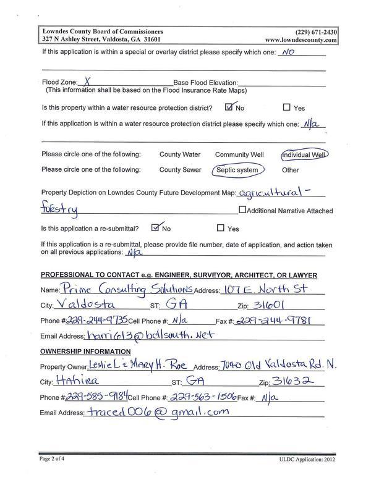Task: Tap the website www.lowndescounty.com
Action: [301, 40]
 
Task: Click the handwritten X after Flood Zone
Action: [88, 80]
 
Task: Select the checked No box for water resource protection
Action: [230, 107]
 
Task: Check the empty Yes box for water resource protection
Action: [286, 107]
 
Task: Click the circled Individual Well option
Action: [303, 154]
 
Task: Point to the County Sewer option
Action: [180, 170]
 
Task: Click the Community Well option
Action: [239, 154]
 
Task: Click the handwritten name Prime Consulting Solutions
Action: [127, 289]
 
